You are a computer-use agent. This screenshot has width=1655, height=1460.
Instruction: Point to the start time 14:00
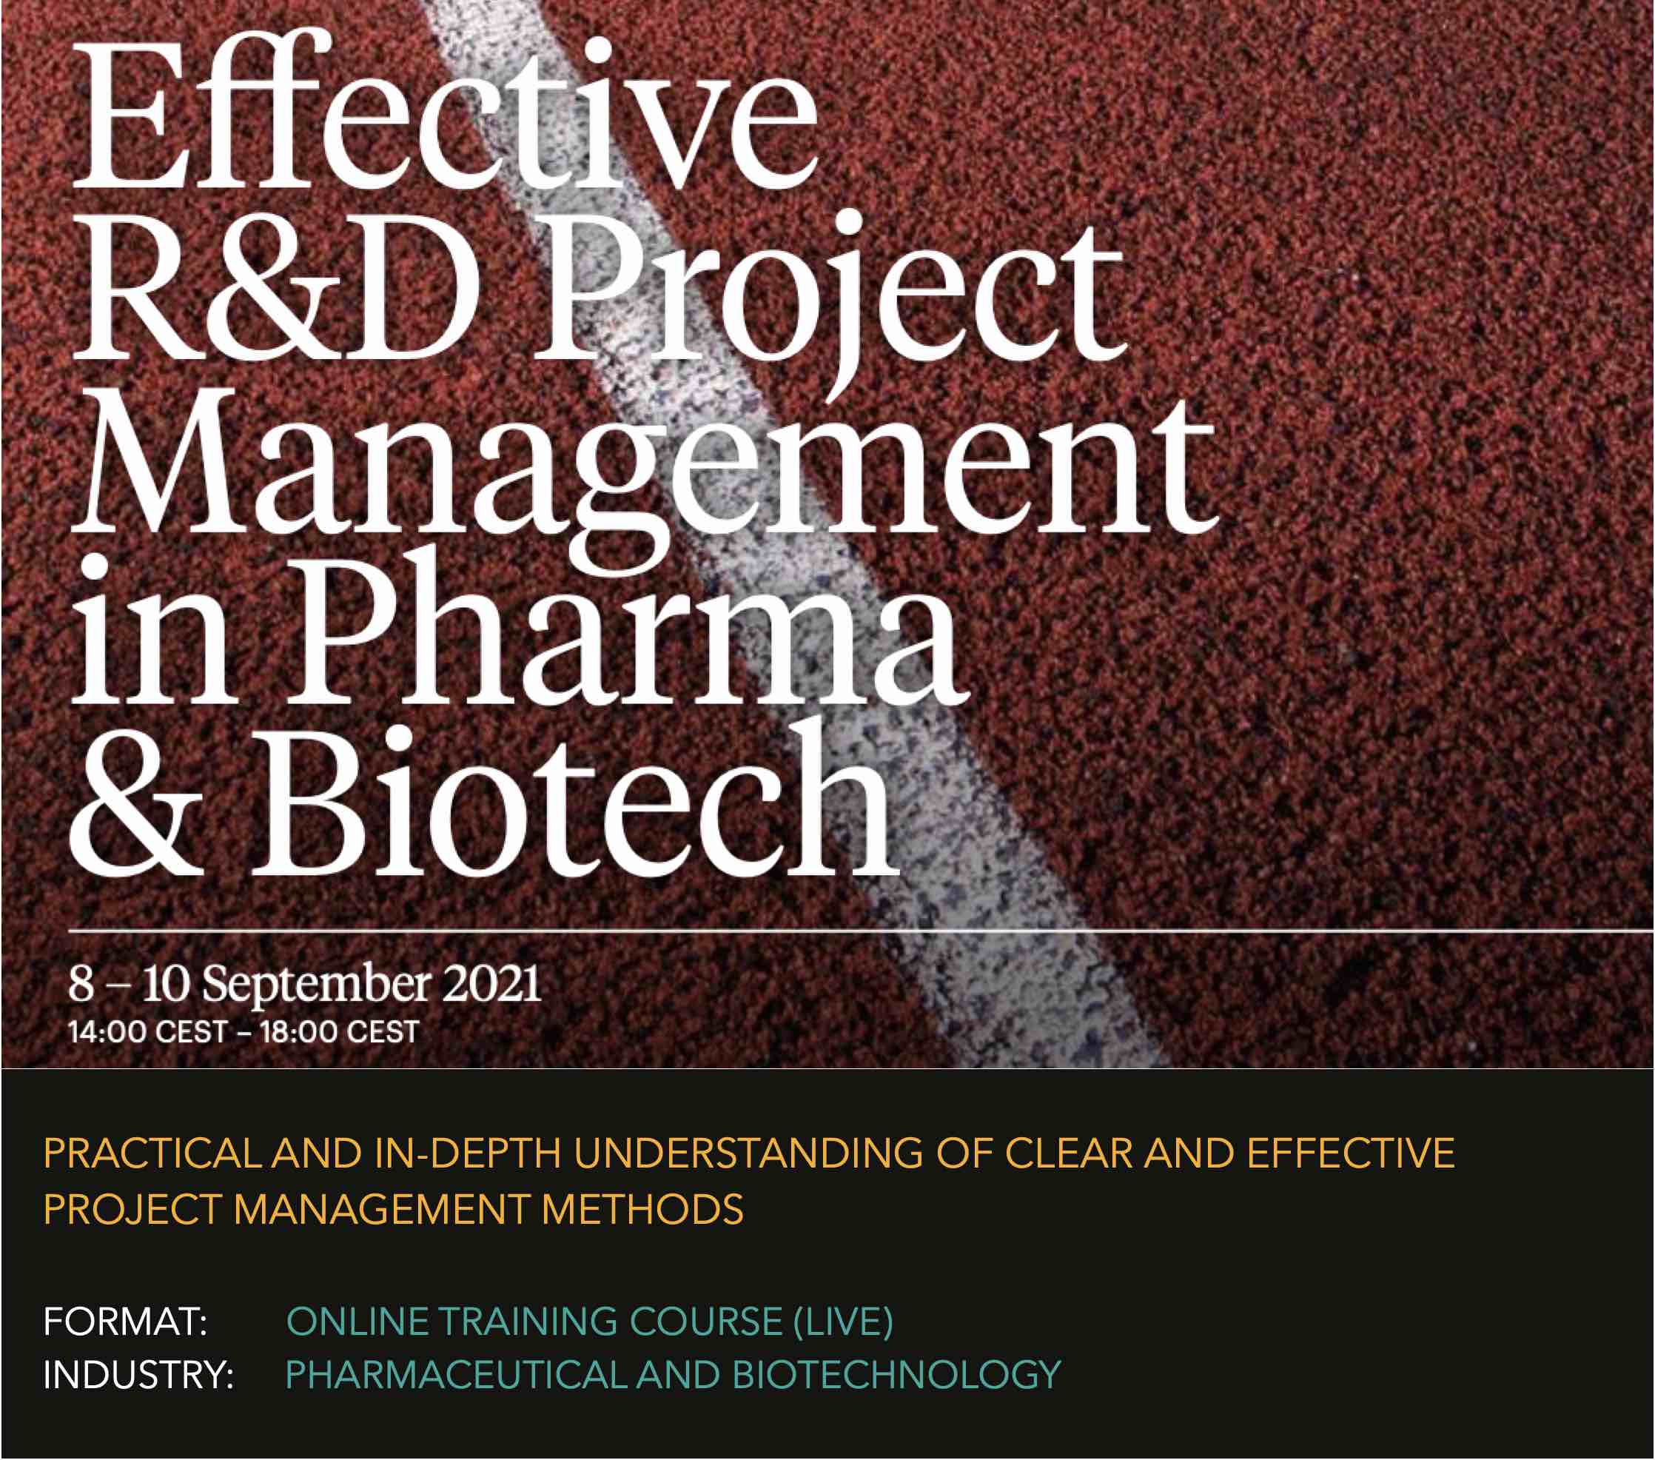click(x=107, y=1033)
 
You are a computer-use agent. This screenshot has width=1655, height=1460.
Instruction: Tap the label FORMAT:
click(x=126, y=1322)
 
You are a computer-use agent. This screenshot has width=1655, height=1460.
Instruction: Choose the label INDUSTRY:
click(x=138, y=1375)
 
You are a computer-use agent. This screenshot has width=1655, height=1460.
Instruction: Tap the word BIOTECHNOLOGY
click(x=896, y=1375)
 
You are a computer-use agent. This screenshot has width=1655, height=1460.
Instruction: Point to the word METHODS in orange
click(x=642, y=1210)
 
